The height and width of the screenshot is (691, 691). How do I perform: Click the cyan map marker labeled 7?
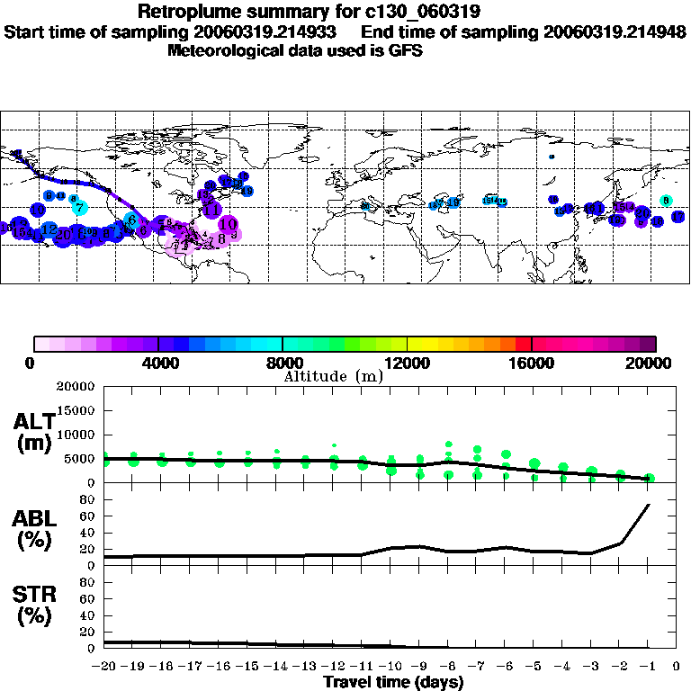pos(79,208)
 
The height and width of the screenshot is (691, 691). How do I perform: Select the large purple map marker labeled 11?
pos(212,210)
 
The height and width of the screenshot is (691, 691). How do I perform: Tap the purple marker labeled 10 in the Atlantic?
pos(228,224)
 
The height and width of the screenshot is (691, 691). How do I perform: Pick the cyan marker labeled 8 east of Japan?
pos(666,201)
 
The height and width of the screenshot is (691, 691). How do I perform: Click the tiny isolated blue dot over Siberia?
pos(552,157)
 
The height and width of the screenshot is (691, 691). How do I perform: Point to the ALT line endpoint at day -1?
pos(649,479)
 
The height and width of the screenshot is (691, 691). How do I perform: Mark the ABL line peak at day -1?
pos(649,505)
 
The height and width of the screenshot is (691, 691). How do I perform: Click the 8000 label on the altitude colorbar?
pos(283,363)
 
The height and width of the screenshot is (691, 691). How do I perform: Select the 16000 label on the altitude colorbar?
pos(532,363)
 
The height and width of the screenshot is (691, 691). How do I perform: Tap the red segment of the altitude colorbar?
pos(523,344)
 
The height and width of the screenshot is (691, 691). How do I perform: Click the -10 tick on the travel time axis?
pos(392,667)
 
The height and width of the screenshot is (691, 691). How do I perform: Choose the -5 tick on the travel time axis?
pos(534,667)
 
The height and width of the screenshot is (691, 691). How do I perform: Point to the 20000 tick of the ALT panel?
pos(76,387)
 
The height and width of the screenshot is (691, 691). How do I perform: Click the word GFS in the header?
pos(407,50)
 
